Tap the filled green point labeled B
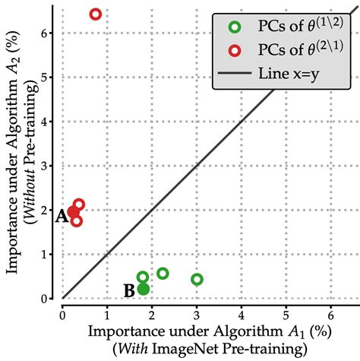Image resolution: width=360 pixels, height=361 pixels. (144, 289)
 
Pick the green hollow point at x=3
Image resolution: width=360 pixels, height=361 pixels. (197, 279)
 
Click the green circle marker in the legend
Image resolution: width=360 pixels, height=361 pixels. (235, 27)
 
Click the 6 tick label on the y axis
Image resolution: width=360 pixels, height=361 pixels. (49, 33)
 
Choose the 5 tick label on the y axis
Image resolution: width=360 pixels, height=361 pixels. (49, 77)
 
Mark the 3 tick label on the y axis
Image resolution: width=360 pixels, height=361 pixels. (49, 166)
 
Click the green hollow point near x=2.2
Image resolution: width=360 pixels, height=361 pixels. (163, 274)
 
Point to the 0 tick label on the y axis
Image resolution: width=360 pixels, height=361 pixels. (49, 299)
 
